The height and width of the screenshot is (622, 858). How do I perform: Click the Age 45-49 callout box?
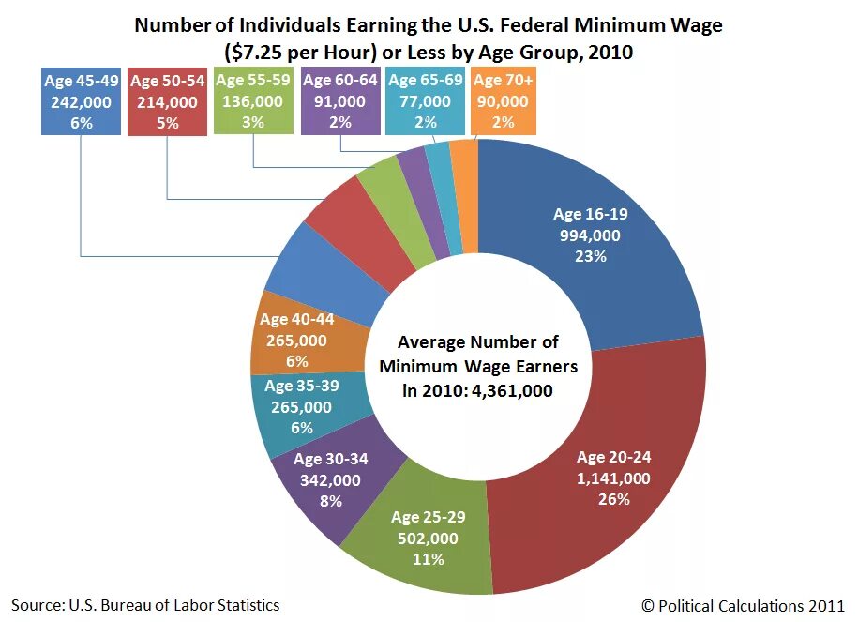click(x=82, y=101)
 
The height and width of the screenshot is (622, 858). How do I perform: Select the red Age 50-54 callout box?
click(x=167, y=101)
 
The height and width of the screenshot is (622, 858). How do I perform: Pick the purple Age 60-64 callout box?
click(x=340, y=100)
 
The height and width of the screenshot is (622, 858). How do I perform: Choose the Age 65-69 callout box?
click(x=425, y=100)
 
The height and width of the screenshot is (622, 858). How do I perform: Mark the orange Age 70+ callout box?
click(x=504, y=100)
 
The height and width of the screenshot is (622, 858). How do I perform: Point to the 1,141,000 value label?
click(x=613, y=478)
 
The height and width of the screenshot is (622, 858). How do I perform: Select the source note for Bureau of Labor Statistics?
click(x=145, y=605)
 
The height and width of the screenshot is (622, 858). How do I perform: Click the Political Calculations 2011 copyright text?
click(x=744, y=605)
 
